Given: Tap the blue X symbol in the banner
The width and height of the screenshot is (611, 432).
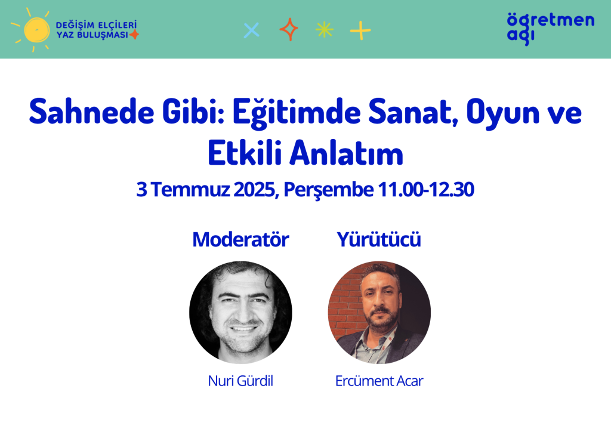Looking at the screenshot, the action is [x=251, y=30].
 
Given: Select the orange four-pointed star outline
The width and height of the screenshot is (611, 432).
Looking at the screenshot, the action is [x=289, y=30].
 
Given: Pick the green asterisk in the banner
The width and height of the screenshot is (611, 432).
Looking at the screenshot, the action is [x=325, y=30].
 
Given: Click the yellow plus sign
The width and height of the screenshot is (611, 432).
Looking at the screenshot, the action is [x=360, y=30].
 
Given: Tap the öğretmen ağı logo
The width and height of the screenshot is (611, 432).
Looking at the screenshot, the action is [x=551, y=29].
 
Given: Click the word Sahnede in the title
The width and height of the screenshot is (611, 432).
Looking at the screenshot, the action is [x=91, y=112].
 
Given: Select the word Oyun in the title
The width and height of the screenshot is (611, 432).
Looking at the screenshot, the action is [x=502, y=113].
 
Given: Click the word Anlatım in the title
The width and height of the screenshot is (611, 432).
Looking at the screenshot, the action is [x=346, y=153].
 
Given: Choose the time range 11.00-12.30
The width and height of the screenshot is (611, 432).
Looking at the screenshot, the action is [x=426, y=189].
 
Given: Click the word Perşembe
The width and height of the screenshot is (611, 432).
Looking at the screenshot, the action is [x=329, y=190].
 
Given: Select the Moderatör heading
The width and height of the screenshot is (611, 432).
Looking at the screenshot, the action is [x=240, y=239].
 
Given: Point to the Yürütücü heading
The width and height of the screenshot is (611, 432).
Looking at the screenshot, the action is [x=379, y=239].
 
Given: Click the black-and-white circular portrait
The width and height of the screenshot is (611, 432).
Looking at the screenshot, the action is [x=240, y=313].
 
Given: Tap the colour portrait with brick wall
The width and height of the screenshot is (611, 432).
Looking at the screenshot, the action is [x=379, y=313].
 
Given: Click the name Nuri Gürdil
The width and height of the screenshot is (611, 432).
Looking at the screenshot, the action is [x=240, y=381].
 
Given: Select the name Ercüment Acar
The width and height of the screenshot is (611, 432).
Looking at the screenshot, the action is [x=379, y=381].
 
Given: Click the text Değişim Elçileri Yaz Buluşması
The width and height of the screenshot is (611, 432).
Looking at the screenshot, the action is [x=96, y=30].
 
